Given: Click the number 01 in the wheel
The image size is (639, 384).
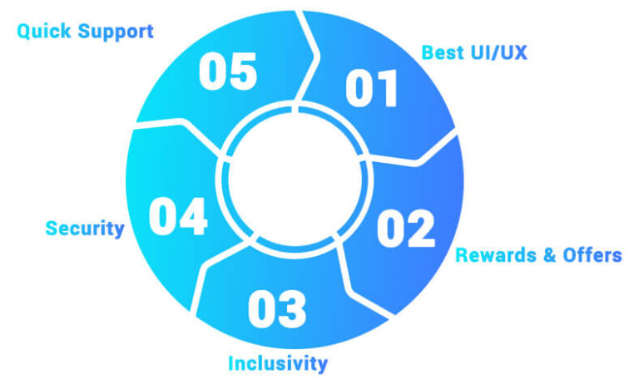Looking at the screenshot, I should click(373, 88).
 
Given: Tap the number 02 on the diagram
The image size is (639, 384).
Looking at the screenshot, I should click(406, 227).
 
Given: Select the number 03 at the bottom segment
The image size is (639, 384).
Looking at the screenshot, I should click(277, 308).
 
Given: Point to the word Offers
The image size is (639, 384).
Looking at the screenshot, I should click(592, 255).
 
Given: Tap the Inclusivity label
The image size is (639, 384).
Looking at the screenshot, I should click(278, 363).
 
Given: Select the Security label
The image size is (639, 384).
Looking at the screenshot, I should click(85, 228).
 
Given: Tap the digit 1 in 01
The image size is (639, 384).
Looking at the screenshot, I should click(386, 88).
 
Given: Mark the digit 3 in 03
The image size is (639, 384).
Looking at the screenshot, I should click(291, 308).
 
